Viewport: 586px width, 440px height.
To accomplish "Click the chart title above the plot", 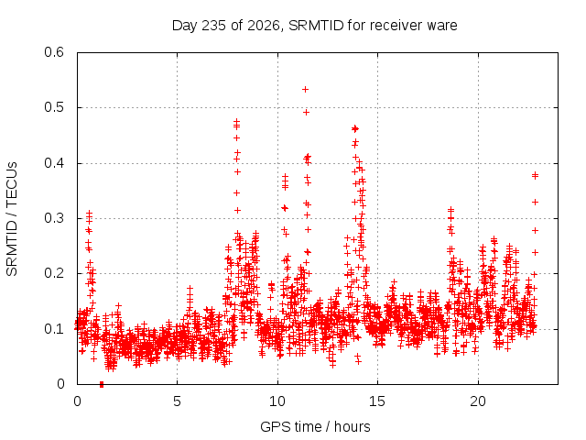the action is click(x=314, y=26).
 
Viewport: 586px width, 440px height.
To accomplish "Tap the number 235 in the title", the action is click(x=213, y=26).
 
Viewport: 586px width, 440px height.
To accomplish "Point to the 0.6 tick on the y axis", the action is click(x=54, y=52).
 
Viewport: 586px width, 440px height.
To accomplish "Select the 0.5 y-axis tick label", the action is click(x=54, y=107).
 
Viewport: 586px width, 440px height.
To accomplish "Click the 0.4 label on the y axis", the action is click(x=54, y=163).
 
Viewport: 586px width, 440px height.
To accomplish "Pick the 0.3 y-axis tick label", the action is click(x=54, y=218).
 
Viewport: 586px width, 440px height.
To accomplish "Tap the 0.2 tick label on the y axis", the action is click(x=54, y=273).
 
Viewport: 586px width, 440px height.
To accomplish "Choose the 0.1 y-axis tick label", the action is click(x=54, y=329).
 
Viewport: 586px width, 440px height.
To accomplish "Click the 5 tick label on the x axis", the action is click(x=177, y=401).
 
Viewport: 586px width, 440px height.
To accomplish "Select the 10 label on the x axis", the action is click(x=277, y=401).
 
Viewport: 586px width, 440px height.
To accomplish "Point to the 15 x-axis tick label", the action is click(x=377, y=401).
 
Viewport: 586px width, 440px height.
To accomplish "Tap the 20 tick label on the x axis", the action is click(x=478, y=401).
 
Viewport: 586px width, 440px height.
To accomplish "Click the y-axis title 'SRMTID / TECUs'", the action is click(x=12, y=219).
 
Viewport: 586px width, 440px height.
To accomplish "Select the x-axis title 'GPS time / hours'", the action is click(x=315, y=426).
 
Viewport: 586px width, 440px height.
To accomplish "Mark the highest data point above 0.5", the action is click(x=305, y=90).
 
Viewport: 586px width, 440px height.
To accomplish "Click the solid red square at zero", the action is click(x=102, y=385).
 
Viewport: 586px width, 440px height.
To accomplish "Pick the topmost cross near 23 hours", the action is click(x=535, y=174).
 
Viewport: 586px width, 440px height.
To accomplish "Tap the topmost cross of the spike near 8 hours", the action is click(x=236, y=121).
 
